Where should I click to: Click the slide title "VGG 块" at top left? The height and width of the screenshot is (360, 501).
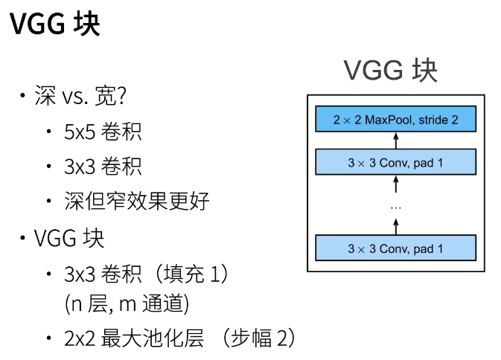click(x=55, y=25)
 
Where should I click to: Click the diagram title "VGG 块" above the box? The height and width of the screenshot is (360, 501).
click(x=390, y=71)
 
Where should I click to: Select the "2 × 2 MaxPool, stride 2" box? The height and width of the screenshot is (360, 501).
click(x=395, y=120)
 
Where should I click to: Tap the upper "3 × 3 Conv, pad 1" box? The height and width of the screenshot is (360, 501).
click(x=395, y=161)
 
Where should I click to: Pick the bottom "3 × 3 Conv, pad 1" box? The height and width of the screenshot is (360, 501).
click(x=395, y=248)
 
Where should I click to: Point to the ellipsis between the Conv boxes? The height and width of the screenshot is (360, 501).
click(x=396, y=205)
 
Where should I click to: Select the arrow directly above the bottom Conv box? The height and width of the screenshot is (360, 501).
click(x=396, y=225)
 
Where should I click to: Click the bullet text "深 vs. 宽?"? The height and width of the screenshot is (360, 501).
click(x=78, y=96)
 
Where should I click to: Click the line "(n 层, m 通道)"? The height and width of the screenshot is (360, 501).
click(x=127, y=303)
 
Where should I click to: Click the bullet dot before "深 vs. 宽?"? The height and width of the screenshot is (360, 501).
click(x=23, y=97)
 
